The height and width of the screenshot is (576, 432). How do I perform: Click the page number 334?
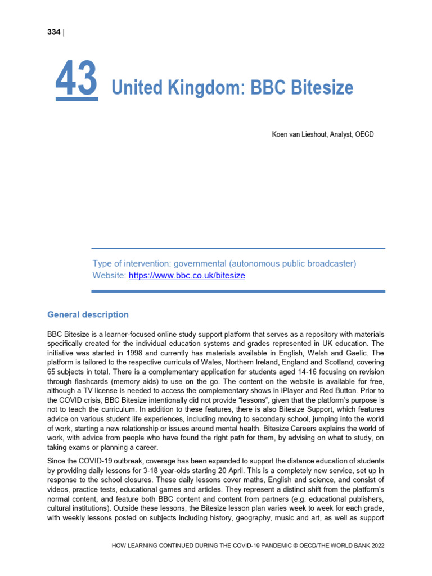53,32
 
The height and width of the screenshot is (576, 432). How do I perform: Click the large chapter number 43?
76,80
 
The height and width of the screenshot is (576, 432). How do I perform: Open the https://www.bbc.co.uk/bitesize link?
187,276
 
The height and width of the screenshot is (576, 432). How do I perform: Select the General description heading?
88,315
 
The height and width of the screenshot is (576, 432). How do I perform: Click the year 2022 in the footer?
376,546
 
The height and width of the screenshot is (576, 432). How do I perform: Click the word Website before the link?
109,276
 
